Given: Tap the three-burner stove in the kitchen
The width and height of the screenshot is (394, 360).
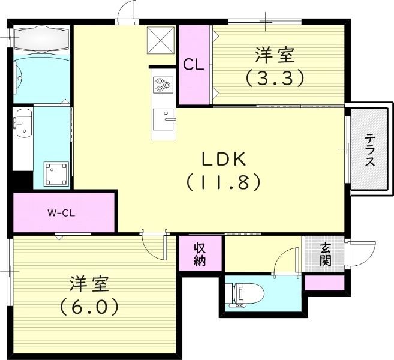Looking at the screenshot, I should [162, 85].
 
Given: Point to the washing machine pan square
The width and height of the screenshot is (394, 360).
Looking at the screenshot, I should [56, 174].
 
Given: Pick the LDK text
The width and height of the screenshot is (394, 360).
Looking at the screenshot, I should [223, 159].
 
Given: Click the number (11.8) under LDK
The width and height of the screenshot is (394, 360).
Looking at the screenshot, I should [223, 181].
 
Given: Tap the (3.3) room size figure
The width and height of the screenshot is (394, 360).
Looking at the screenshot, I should [275, 77].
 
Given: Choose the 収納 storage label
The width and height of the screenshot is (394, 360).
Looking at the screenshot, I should [200, 254].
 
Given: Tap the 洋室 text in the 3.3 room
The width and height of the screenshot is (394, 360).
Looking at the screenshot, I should [275, 56].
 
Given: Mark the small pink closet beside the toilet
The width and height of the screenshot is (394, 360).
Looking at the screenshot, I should [324, 283].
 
